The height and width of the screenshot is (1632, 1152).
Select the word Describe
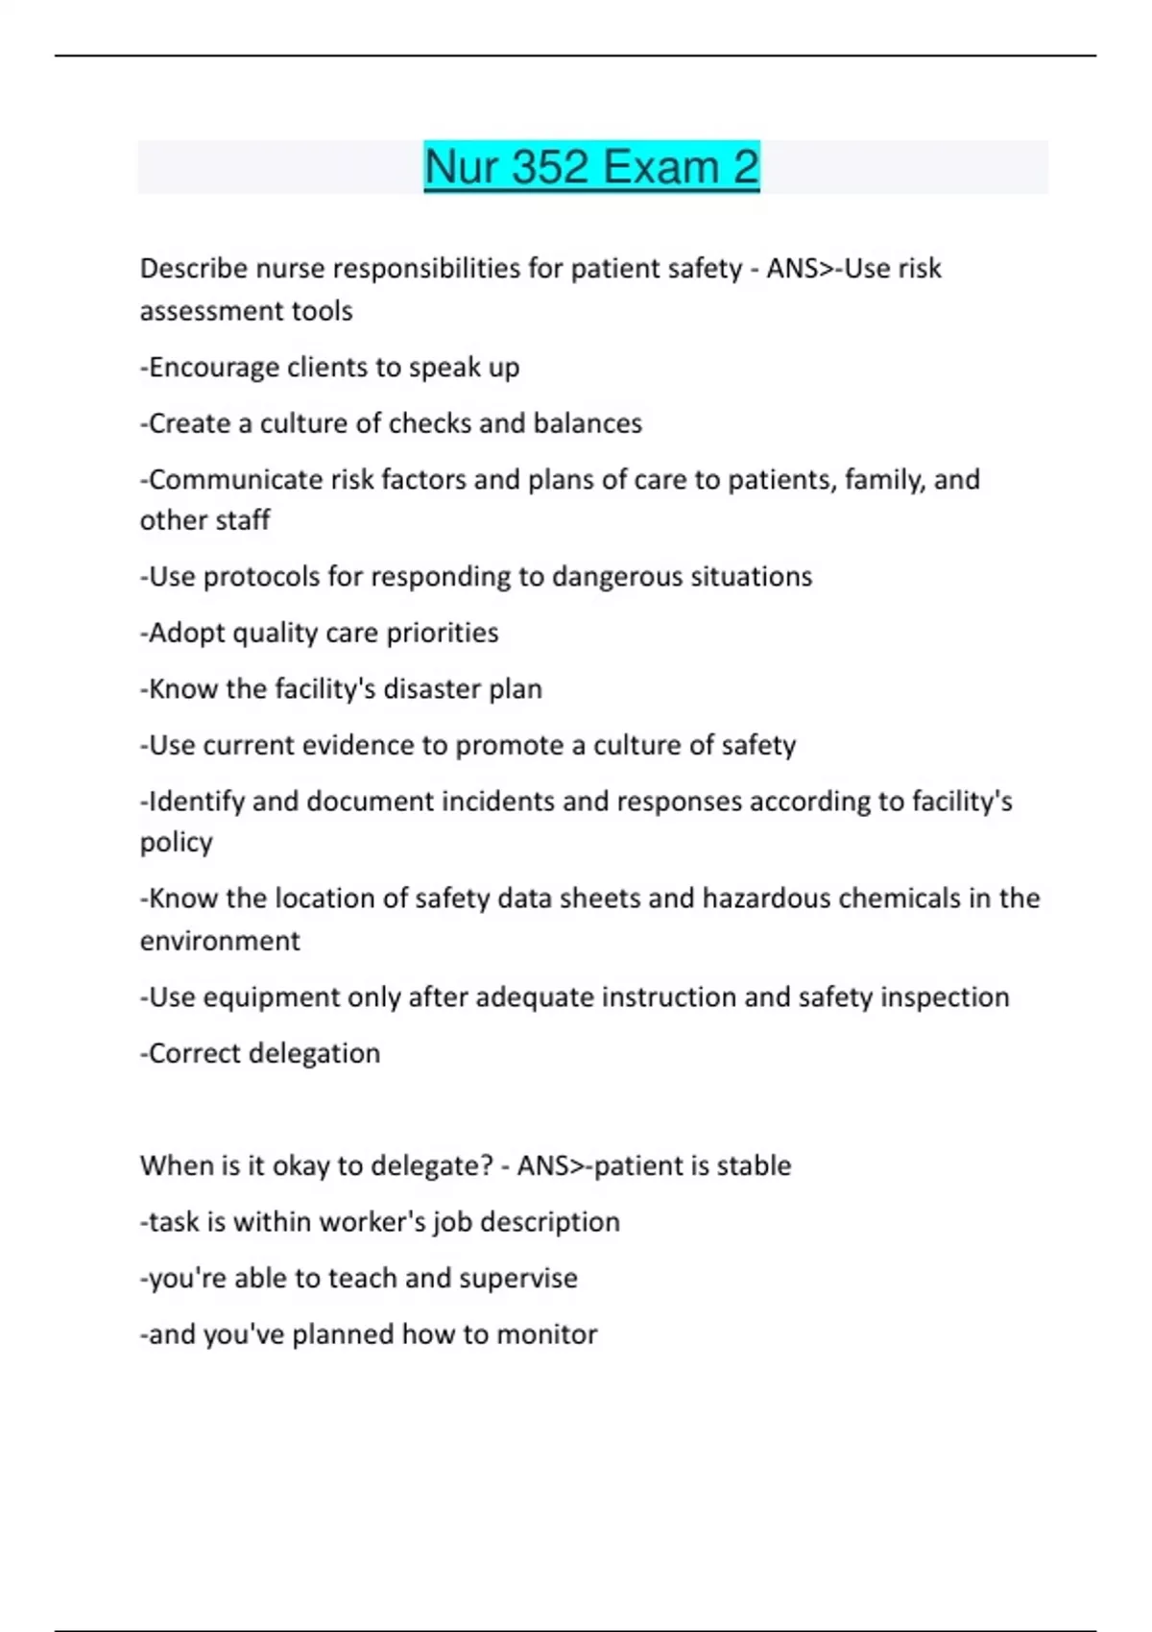pyautogui.click(x=194, y=269)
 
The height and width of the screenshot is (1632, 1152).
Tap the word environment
pyautogui.click(x=220, y=941)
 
